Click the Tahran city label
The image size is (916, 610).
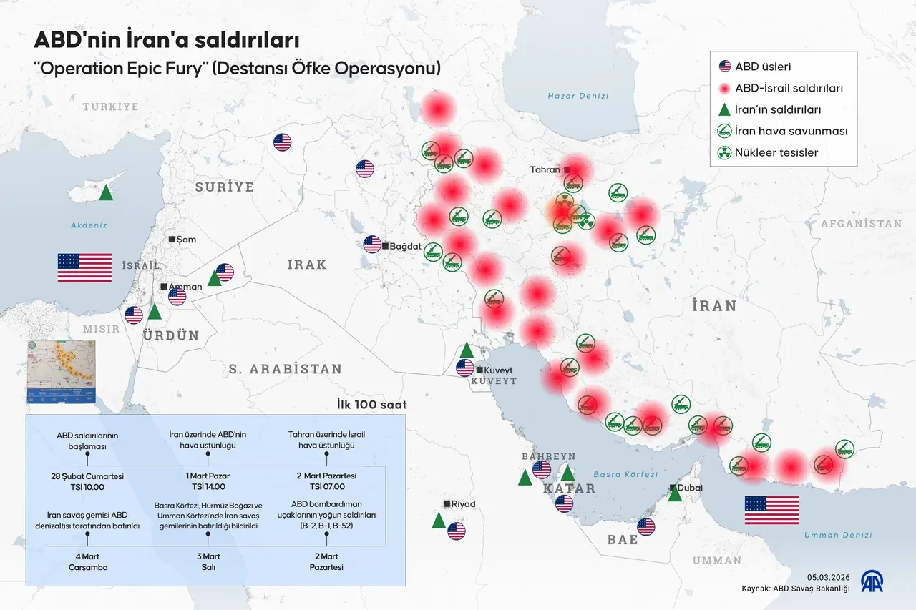point(545,170)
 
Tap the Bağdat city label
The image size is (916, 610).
point(406,246)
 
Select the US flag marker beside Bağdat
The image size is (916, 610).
point(372,245)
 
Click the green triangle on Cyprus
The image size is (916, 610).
point(106,192)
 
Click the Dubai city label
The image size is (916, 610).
point(690,488)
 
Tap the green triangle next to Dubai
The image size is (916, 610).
point(675,493)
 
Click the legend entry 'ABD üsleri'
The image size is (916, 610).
point(763,67)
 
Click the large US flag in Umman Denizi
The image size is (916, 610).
point(771,510)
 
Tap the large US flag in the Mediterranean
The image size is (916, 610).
point(84,267)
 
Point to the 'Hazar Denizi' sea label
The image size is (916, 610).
point(578,96)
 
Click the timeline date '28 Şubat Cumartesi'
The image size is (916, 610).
point(87,476)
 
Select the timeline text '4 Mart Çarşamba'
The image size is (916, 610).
point(87,561)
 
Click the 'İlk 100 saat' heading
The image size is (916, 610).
point(371,405)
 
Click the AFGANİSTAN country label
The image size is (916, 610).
point(861,224)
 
